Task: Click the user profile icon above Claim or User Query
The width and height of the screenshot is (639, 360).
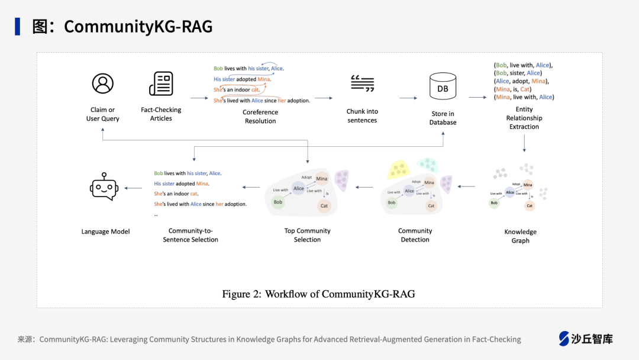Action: click(x=103, y=83)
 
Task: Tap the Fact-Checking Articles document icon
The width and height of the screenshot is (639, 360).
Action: click(x=161, y=83)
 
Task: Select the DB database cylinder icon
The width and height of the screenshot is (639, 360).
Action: click(x=443, y=87)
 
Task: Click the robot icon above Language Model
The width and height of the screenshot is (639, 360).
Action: click(x=104, y=187)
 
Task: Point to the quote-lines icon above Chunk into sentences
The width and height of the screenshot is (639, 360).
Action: click(x=362, y=83)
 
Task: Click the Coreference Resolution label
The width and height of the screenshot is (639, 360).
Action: click(x=260, y=117)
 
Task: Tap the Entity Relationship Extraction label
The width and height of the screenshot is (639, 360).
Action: click(x=524, y=118)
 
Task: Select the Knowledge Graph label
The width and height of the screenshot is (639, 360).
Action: click(x=521, y=236)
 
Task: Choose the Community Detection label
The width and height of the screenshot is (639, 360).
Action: click(x=415, y=235)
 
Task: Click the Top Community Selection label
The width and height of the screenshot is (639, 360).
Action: click(x=308, y=235)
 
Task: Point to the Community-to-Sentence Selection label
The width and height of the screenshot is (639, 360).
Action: click(x=191, y=235)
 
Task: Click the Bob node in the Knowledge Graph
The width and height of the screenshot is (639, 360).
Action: click(x=494, y=203)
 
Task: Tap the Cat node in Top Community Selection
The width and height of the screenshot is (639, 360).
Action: click(x=324, y=206)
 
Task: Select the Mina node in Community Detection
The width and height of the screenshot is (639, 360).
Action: click(x=430, y=182)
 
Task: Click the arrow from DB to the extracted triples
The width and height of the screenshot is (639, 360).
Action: click(x=477, y=97)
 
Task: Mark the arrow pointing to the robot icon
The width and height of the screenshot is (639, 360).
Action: click(x=133, y=188)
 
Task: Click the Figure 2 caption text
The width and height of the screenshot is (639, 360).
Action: click(x=318, y=294)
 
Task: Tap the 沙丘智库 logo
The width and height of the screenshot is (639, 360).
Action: click(x=586, y=339)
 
